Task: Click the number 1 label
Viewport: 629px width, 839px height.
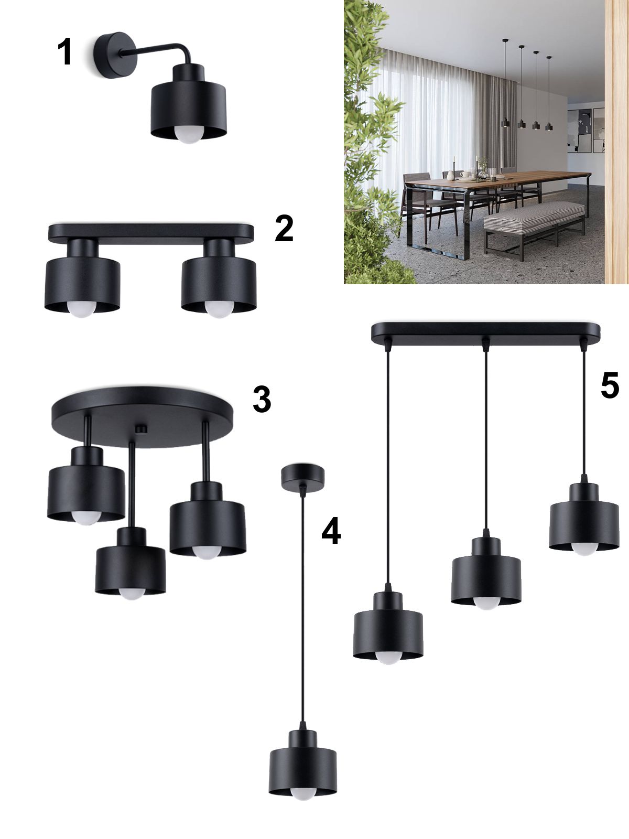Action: pyautogui.click(x=65, y=51)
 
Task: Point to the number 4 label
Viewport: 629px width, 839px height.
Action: pyautogui.click(x=331, y=531)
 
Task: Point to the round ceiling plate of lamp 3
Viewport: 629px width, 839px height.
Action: pyautogui.click(x=142, y=417)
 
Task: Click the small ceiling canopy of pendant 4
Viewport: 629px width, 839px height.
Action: pyautogui.click(x=302, y=477)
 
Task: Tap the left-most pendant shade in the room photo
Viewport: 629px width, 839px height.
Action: pyautogui.click(x=506, y=123)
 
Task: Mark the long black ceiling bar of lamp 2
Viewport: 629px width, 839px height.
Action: pyautogui.click(x=151, y=233)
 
